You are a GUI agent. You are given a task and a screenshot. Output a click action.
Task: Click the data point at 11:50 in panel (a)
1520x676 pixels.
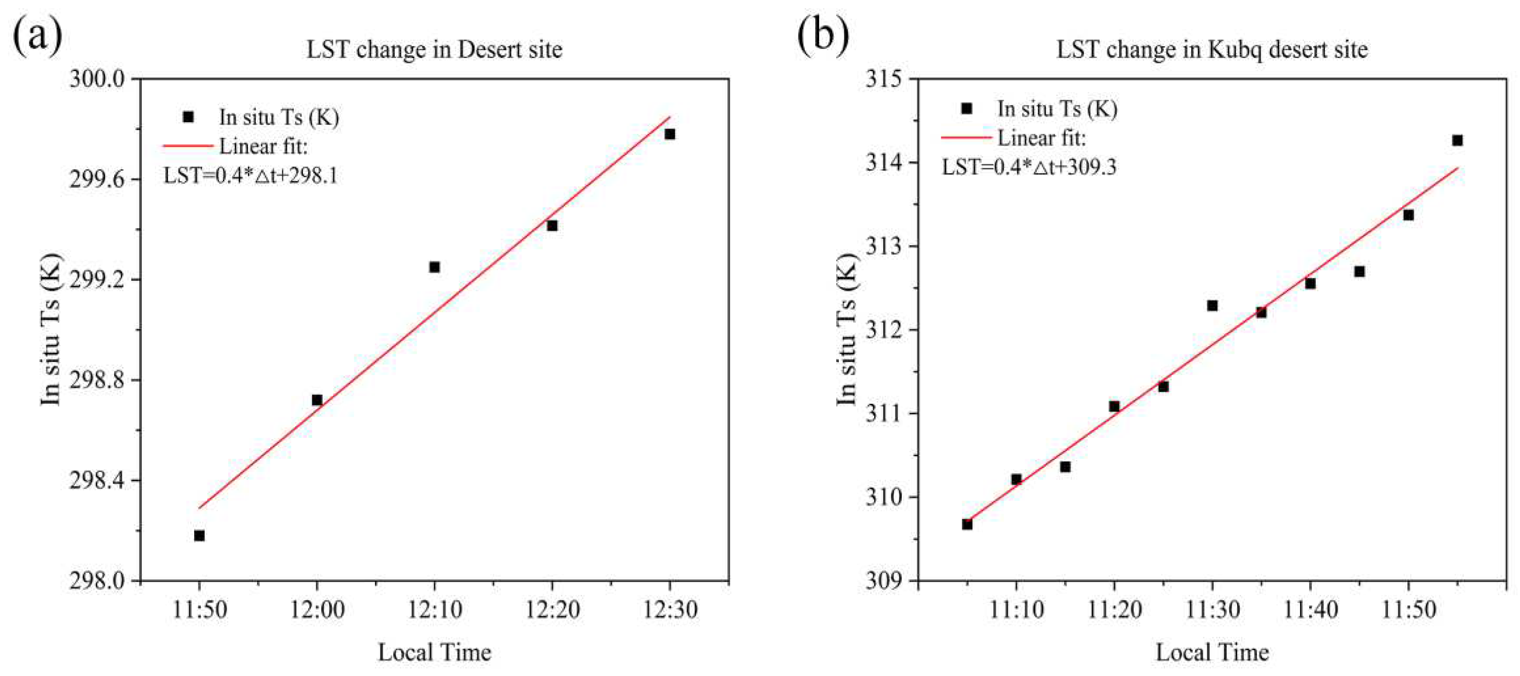(x=199, y=536)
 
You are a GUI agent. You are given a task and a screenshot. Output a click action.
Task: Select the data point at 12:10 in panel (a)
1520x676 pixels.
(x=434, y=267)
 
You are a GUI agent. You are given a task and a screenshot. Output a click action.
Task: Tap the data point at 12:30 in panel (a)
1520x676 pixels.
(x=670, y=134)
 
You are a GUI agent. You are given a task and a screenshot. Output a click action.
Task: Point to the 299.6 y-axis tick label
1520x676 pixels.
(x=97, y=179)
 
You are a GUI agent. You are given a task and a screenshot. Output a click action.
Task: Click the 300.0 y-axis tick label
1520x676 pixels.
(x=97, y=79)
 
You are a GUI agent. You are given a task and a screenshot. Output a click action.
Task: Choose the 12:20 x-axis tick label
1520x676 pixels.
(x=552, y=609)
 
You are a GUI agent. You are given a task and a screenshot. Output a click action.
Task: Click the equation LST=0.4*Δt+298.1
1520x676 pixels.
(x=250, y=176)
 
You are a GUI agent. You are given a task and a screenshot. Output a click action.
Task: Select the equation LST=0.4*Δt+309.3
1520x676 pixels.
(x=1029, y=167)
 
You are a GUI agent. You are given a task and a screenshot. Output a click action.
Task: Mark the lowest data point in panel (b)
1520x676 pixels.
(x=967, y=524)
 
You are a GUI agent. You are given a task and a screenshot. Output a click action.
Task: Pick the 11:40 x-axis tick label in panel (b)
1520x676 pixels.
(x=1311, y=609)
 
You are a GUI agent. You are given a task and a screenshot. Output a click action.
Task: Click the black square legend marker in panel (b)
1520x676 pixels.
(x=967, y=109)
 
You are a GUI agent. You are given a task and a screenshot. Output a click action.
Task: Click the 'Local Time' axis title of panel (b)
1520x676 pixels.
(x=1212, y=652)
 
